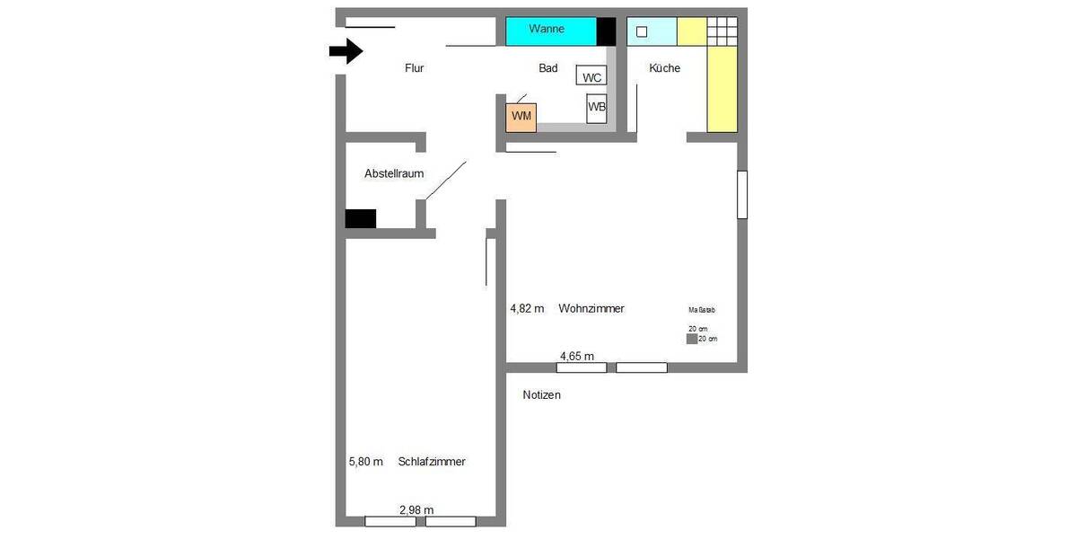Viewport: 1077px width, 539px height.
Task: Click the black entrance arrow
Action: tap(346, 51)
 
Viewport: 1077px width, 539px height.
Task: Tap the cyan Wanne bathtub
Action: tap(550, 31)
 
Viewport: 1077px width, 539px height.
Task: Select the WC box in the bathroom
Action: tap(591, 78)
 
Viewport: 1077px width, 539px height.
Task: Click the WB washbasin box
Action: tap(596, 108)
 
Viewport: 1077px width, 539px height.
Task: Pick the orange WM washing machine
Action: tap(521, 117)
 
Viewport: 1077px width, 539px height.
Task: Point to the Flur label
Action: tap(414, 68)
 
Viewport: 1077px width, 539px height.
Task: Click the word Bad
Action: tap(547, 68)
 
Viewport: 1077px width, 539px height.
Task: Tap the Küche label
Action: tap(664, 68)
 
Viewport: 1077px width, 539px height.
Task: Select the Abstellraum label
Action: tap(393, 173)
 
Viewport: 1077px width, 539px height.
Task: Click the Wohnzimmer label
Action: tap(591, 309)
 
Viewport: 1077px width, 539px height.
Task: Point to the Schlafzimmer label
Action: tap(431, 462)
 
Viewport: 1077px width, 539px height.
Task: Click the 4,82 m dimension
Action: tap(527, 309)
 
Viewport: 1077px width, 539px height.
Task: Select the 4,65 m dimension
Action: tap(577, 357)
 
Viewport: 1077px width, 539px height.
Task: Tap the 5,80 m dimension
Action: tap(365, 462)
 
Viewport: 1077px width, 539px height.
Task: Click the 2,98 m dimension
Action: tap(416, 510)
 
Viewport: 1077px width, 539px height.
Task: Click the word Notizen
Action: tap(541, 395)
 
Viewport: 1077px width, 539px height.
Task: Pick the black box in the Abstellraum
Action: tap(361, 218)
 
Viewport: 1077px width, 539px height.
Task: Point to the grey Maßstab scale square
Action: tap(691, 339)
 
